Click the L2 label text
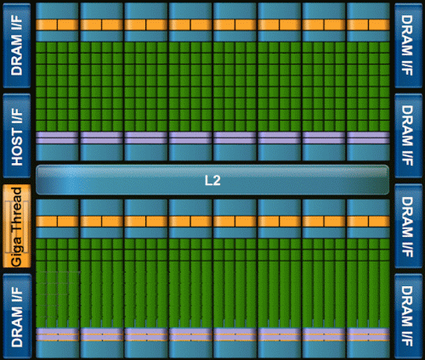tap(212, 180)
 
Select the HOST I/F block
tap(17, 136)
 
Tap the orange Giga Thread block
tap(17, 226)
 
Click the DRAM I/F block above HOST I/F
tap(17, 45)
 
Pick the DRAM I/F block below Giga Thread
tap(17, 316)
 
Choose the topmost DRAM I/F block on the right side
tap(408, 45)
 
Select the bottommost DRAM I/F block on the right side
tap(408, 316)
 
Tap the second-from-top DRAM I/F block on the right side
tap(408, 136)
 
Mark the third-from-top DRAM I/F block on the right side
tap(408, 226)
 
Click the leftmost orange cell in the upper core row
tap(47, 25)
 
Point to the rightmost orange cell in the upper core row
tap(379, 25)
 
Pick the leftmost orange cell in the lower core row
tap(47, 222)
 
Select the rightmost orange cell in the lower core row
tap(379, 222)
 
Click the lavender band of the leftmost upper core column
tap(57, 138)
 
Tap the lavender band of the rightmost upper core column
tap(368, 138)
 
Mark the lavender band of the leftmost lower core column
tap(57, 335)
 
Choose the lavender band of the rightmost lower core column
tap(368, 335)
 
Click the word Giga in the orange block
tap(16, 250)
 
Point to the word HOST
tap(17, 147)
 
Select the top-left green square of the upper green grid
tap(41, 48)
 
